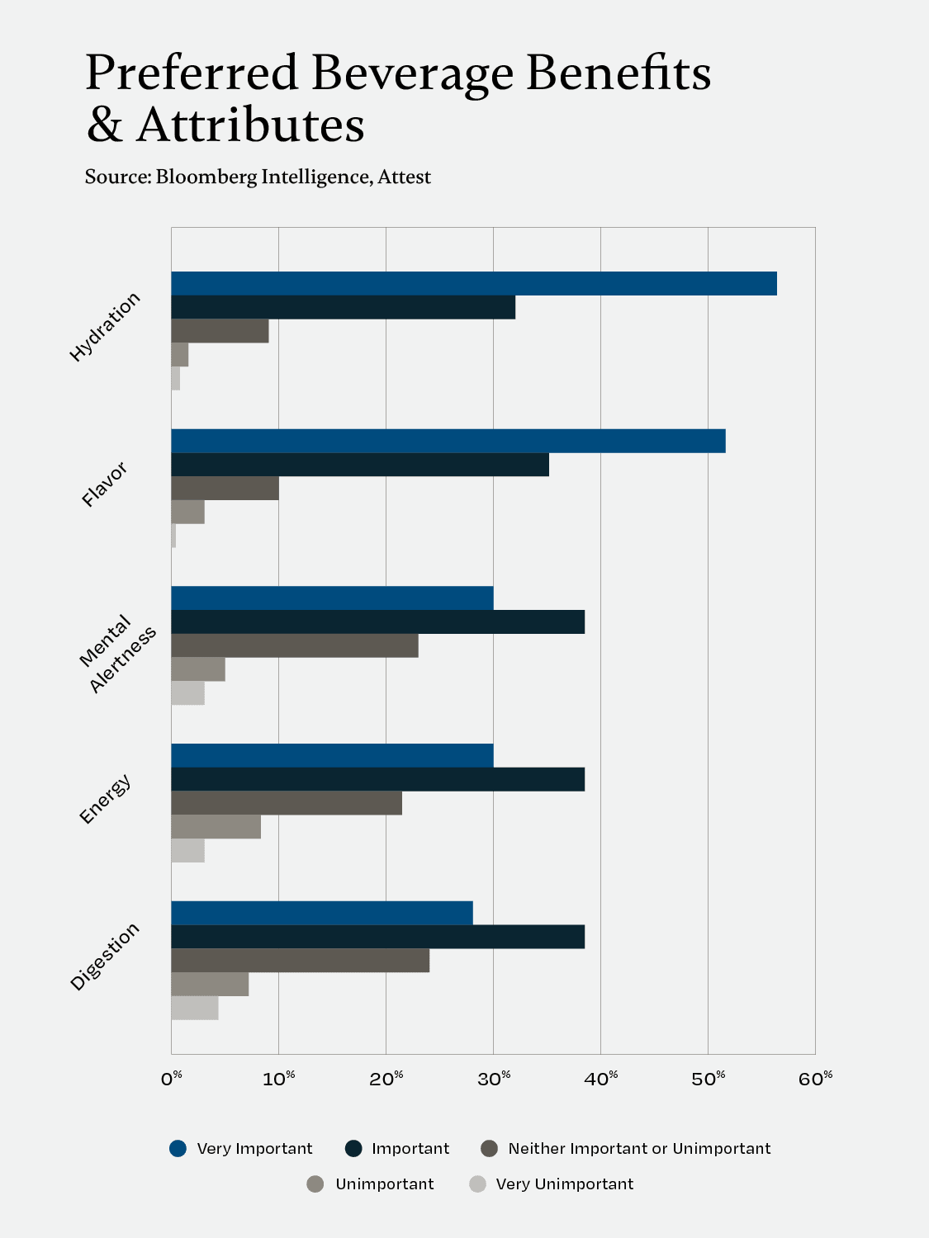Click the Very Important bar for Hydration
coord(474,283)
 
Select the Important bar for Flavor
coord(360,465)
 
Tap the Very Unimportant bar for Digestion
coord(195,1008)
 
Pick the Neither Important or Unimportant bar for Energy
coord(287,803)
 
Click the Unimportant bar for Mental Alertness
coord(198,669)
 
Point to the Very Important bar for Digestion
coord(322,913)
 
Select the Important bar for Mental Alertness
coord(378,621)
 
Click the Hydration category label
coord(105,327)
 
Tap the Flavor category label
coord(105,484)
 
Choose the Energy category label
coord(105,799)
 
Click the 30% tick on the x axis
coord(495,1078)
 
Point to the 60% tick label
coord(816,1078)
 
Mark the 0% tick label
coord(172,1078)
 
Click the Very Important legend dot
coord(178,1148)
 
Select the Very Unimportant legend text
coord(565,1184)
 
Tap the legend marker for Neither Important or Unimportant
coord(489,1148)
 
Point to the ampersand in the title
coord(105,126)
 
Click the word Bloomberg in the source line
coord(206,177)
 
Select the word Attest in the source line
coord(405,177)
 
